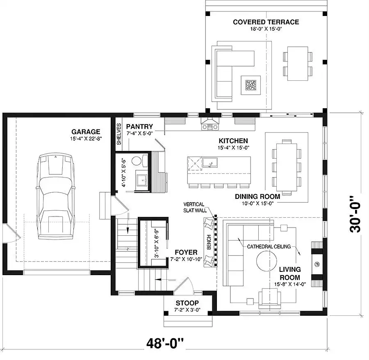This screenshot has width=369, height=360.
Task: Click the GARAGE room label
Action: coord(86,132)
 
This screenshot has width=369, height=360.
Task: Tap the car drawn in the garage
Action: coord(55,196)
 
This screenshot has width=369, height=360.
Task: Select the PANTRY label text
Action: coord(139,126)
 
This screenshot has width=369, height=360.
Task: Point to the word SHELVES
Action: coord(119,134)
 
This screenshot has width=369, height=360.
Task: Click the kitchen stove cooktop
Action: coord(210,127)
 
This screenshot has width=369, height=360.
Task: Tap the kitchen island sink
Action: coord(210,163)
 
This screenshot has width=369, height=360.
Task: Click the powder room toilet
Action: coord(139,161)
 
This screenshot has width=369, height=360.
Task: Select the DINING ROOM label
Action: coord(257,196)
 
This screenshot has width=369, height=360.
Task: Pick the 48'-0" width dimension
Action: coord(165,343)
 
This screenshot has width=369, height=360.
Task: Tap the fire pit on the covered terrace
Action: coord(251,85)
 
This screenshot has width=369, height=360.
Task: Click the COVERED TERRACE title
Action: coord(266,22)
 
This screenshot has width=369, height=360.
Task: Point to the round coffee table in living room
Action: coord(266,260)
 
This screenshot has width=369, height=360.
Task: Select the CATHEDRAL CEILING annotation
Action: coord(269,246)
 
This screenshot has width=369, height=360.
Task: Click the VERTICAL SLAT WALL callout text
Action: coord(194,207)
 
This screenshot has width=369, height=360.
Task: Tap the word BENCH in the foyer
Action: coord(209,242)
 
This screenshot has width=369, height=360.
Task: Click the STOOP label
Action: coord(187,303)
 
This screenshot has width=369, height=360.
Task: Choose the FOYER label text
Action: coord(186,253)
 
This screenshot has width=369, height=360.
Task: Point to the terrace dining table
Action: coord(298,64)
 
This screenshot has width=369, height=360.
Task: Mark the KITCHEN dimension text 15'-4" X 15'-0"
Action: coord(233,148)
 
